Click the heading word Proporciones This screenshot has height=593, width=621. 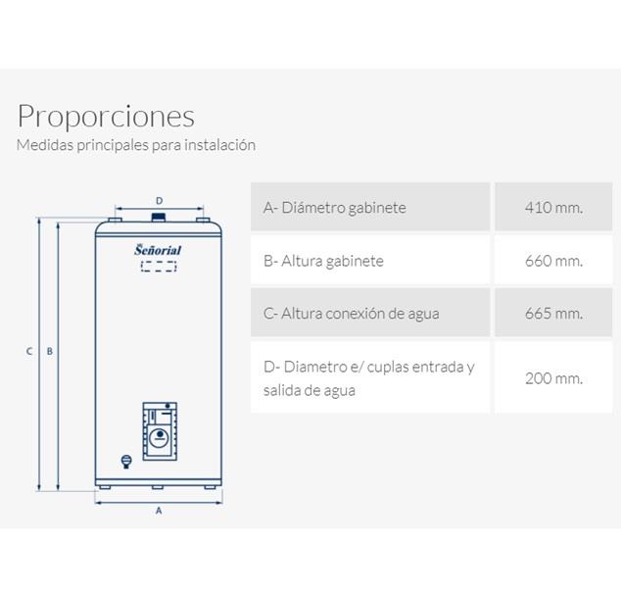point(106,117)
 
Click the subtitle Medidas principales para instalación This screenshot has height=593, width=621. point(136,145)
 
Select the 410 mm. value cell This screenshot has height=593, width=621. point(553,207)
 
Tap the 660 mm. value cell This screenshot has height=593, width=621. point(553,260)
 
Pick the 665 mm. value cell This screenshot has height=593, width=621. point(553,313)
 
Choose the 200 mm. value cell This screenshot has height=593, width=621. point(553,377)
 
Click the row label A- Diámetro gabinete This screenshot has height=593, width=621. point(335,208)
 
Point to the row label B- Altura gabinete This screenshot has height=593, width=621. point(323,261)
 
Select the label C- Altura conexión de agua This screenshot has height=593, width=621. point(351,314)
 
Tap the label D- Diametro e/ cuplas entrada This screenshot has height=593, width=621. point(368,367)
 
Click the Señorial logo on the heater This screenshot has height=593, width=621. point(158,250)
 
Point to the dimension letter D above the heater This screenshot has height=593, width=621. point(160,201)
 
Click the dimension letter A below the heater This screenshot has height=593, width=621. point(159,511)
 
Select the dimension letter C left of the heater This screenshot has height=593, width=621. point(29,351)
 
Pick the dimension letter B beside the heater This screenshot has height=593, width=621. point(50,351)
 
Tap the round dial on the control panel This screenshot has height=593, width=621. point(159,437)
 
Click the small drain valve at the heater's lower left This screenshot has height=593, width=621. point(126,462)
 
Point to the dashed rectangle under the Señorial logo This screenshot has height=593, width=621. point(159,267)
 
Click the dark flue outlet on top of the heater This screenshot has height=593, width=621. point(159,218)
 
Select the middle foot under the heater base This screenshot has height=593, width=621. point(158,487)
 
